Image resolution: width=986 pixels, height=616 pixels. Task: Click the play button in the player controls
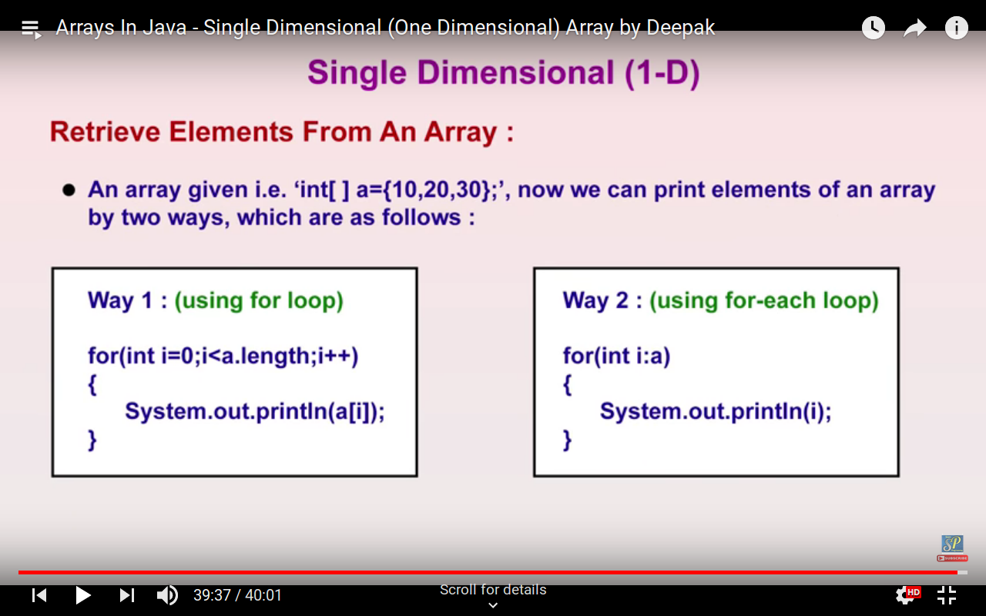pyautogui.click(x=82, y=595)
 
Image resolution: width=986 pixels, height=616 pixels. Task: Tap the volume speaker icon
pyautogui.click(x=167, y=595)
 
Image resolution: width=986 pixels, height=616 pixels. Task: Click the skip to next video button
pyautogui.click(x=127, y=595)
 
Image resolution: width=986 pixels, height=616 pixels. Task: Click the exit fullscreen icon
pyautogui.click(x=947, y=595)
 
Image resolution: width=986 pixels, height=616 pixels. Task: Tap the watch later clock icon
pyautogui.click(x=874, y=28)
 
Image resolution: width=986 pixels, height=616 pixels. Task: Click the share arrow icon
pyautogui.click(x=914, y=28)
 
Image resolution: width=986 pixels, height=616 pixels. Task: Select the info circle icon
pyautogui.click(x=956, y=28)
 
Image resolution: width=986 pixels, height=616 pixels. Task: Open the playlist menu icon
pyautogui.click(x=32, y=29)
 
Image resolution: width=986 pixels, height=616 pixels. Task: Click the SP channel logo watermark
pyautogui.click(x=952, y=547)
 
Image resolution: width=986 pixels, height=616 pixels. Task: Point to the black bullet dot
pyautogui.click(x=69, y=190)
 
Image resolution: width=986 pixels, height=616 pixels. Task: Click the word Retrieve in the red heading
pyautogui.click(x=106, y=132)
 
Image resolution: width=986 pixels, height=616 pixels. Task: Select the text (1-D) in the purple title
pyautogui.click(x=662, y=73)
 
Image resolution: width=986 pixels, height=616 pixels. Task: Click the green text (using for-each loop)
pyautogui.click(x=764, y=301)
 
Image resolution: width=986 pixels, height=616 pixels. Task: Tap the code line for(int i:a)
pyautogui.click(x=617, y=356)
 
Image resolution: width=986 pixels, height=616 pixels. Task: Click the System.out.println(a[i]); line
pyautogui.click(x=255, y=411)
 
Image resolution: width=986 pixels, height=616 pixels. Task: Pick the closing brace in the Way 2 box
pyautogui.click(x=568, y=440)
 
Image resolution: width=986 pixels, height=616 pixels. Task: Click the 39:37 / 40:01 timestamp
pyautogui.click(x=237, y=595)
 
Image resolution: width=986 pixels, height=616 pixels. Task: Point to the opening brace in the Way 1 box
pyautogui.click(x=92, y=384)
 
